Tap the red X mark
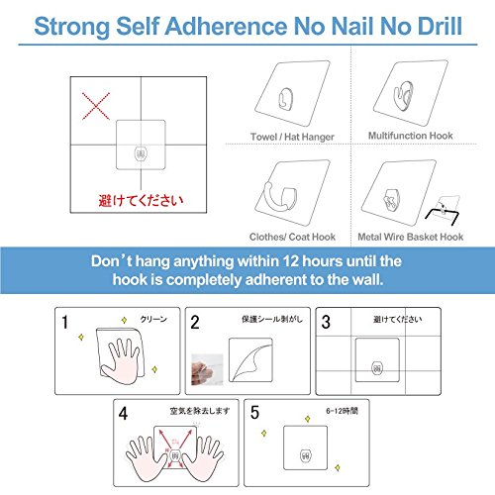coord(96,106)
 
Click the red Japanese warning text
coord(141,200)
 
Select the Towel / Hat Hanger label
coord(292,137)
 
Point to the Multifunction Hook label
coord(411,136)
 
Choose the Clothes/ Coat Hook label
coord(292,237)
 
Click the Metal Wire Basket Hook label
coord(411,237)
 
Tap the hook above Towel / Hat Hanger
coord(285,99)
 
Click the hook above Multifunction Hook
coord(403,96)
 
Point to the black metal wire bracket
coord(442,215)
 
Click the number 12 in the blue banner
coord(291,261)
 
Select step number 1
coord(65,322)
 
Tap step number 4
coord(123,414)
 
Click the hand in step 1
coord(121,361)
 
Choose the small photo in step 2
coord(207,369)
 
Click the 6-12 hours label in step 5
coord(342,411)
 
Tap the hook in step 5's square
coord(306,455)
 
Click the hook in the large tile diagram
coord(141,153)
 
